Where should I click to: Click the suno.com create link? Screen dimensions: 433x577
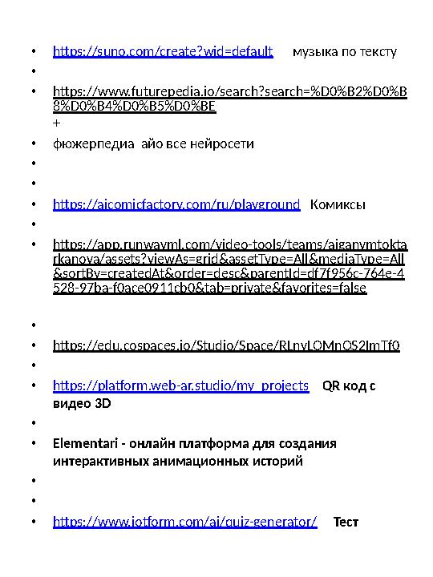(x=163, y=52)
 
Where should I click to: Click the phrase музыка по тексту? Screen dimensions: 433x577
(x=345, y=52)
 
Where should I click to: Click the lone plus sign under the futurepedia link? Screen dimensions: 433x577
(x=55, y=124)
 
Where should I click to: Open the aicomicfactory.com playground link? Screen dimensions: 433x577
(x=176, y=205)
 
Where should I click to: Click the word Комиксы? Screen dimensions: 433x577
(x=338, y=205)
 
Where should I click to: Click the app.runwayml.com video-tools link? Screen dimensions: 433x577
(x=229, y=265)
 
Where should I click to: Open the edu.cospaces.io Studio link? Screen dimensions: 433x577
(x=227, y=347)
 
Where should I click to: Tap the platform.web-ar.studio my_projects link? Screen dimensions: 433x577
(x=180, y=386)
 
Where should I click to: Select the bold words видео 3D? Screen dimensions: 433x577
(x=81, y=404)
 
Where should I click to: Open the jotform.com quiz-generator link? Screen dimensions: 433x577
(x=184, y=523)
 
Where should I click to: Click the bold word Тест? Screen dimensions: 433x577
(x=346, y=523)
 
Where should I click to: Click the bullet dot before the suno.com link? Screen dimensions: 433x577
(x=33, y=53)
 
